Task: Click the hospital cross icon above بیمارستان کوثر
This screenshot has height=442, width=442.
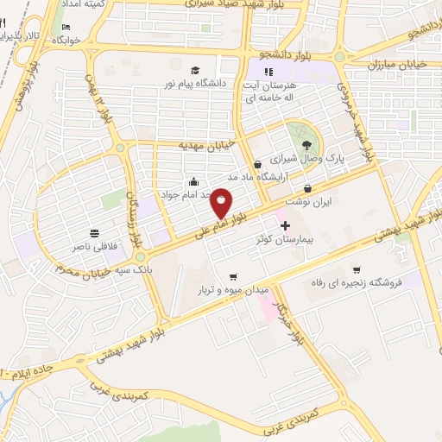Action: point(286,224)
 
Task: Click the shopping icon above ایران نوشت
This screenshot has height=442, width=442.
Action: point(309,187)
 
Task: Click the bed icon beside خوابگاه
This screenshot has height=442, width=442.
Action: point(79,40)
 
